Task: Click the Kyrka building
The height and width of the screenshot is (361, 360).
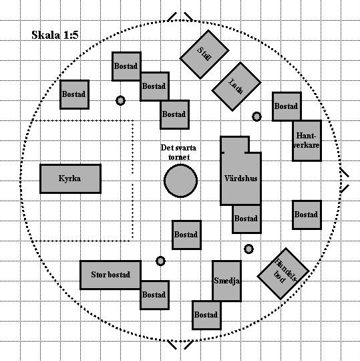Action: [70, 178]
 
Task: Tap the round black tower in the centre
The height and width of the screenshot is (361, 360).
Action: [180, 180]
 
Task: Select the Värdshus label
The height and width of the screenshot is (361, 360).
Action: [241, 178]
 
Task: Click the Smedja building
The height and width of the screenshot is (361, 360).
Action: [227, 281]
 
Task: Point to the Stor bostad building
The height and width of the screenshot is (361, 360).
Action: [110, 275]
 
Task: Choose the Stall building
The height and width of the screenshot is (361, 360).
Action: [204, 54]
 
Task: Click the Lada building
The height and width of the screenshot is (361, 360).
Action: [236, 86]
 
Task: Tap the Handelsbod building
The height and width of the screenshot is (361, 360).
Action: [283, 273]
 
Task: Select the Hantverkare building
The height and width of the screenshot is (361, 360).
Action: [307, 140]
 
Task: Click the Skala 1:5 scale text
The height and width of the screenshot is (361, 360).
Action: [55, 35]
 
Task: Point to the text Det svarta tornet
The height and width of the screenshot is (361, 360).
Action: [178, 152]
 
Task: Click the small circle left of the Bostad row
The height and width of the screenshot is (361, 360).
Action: [120, 100]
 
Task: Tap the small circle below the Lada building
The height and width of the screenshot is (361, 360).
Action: [256, 116]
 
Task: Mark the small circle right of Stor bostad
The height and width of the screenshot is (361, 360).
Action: [160, 261]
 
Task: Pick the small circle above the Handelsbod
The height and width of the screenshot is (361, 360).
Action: [248, 249]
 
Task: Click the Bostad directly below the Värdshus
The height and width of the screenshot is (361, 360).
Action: [247, 219]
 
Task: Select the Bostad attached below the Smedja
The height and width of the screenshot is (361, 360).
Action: [206, 315]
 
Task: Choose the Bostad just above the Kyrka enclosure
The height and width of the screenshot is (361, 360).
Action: [75, 94]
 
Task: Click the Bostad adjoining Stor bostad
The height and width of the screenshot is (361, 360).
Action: [155, 295]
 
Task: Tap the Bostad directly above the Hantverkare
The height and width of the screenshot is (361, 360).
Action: [287, 106]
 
